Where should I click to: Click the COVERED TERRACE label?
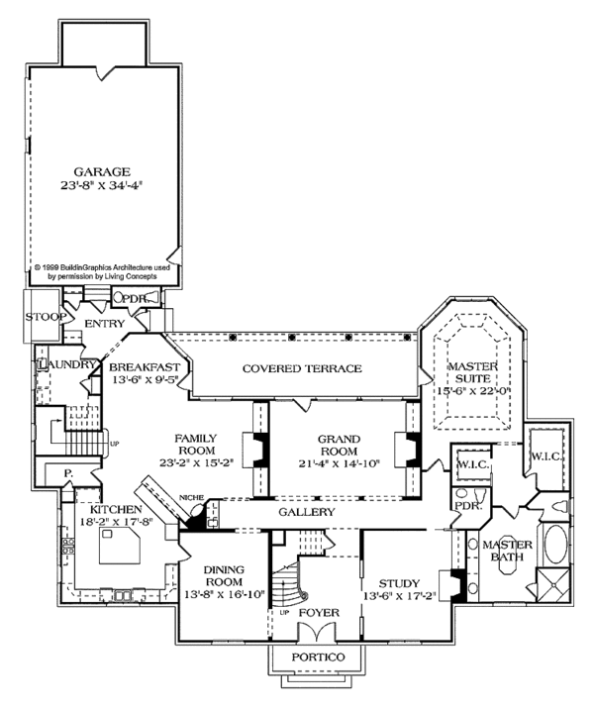point(302,368)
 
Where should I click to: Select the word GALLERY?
point(305,513)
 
